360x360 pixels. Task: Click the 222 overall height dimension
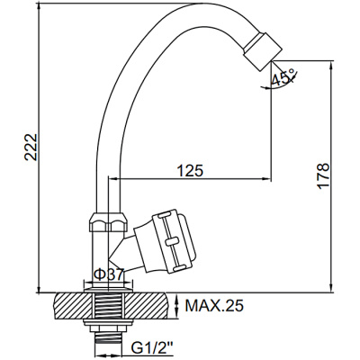[31, 147]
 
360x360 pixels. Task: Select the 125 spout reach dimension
[190, 171]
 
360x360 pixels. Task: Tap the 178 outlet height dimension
[323, 175]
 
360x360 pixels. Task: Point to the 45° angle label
[283, 78]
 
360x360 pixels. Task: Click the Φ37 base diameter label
[108, 274]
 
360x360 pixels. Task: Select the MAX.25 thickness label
[214, 306]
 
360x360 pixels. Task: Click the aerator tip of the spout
[262, 51]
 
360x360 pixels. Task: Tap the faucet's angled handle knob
[164, 241]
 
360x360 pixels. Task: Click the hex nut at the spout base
[109, 222]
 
